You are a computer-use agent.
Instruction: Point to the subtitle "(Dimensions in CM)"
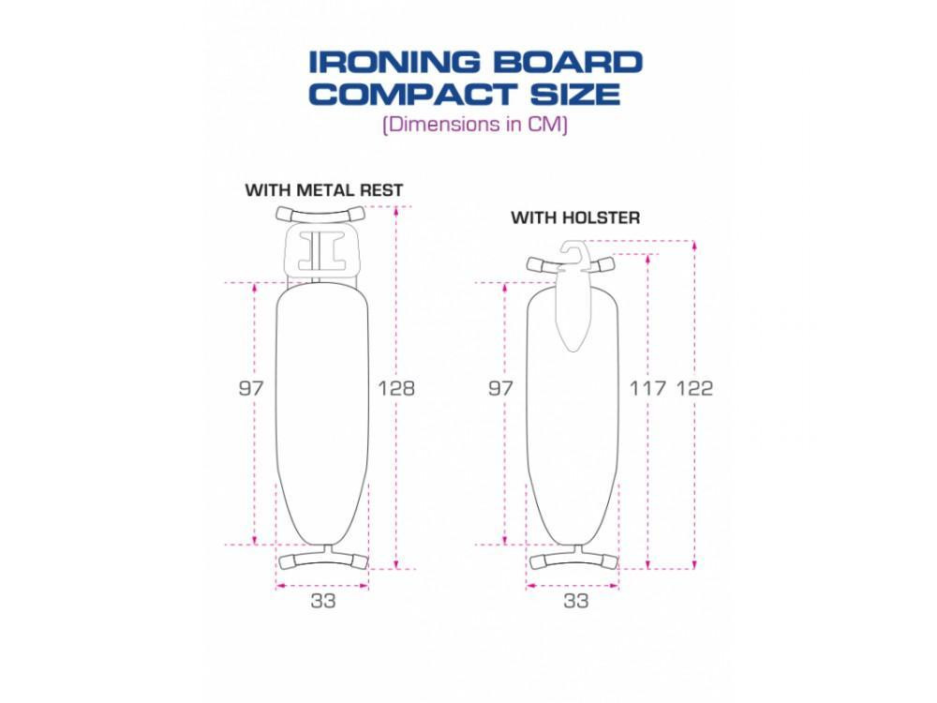(x=475, y=125)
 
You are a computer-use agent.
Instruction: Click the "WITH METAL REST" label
(x=324, y=190)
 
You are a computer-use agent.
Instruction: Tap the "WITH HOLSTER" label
(x=575, y=217)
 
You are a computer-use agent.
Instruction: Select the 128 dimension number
(x=396, y=389)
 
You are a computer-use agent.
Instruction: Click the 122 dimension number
(x=694, y=389)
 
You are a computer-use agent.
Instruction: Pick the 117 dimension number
(x=647, y=389)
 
